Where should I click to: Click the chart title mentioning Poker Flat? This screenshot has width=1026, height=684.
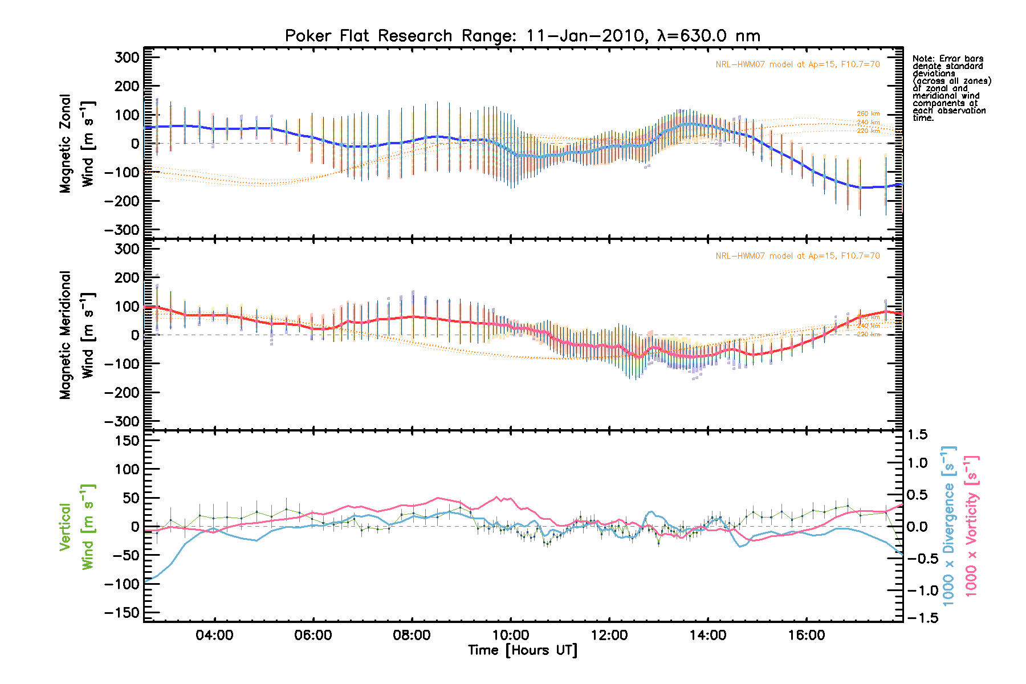coord(522,36)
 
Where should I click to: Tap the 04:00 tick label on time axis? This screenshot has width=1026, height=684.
coord(214,636)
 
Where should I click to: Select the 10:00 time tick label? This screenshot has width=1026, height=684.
coord(511,636)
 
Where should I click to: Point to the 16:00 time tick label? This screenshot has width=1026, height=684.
coord(807,636)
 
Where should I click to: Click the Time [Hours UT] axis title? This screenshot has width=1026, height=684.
coord(522,650)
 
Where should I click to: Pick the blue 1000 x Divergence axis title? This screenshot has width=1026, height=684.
coord(948,526)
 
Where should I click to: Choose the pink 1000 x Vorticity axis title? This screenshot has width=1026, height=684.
coord(971,526)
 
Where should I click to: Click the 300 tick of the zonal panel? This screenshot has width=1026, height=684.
coord(127,58)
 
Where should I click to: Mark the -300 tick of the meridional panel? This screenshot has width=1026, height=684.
coord(122,421)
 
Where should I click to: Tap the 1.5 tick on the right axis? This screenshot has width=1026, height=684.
coord(918,435)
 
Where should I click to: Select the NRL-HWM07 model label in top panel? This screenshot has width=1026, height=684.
coord(797,64)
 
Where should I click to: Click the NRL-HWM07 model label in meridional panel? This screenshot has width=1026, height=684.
coord(797,256)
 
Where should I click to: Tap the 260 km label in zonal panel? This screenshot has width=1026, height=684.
coord(868,114)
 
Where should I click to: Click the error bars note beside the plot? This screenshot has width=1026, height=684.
coord(951,88)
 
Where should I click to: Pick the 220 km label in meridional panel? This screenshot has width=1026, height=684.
coord(868,335)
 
